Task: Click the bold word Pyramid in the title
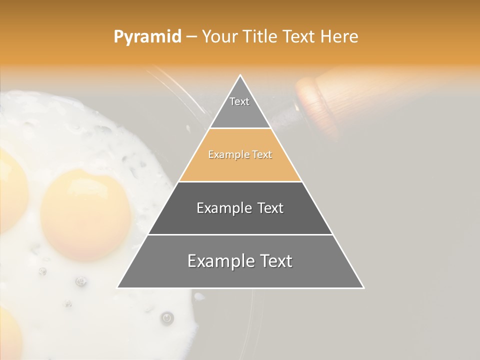(147, 36)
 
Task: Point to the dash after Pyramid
(191, 37)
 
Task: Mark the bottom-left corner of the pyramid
(117, 287)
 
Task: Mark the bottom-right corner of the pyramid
(363, 287)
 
